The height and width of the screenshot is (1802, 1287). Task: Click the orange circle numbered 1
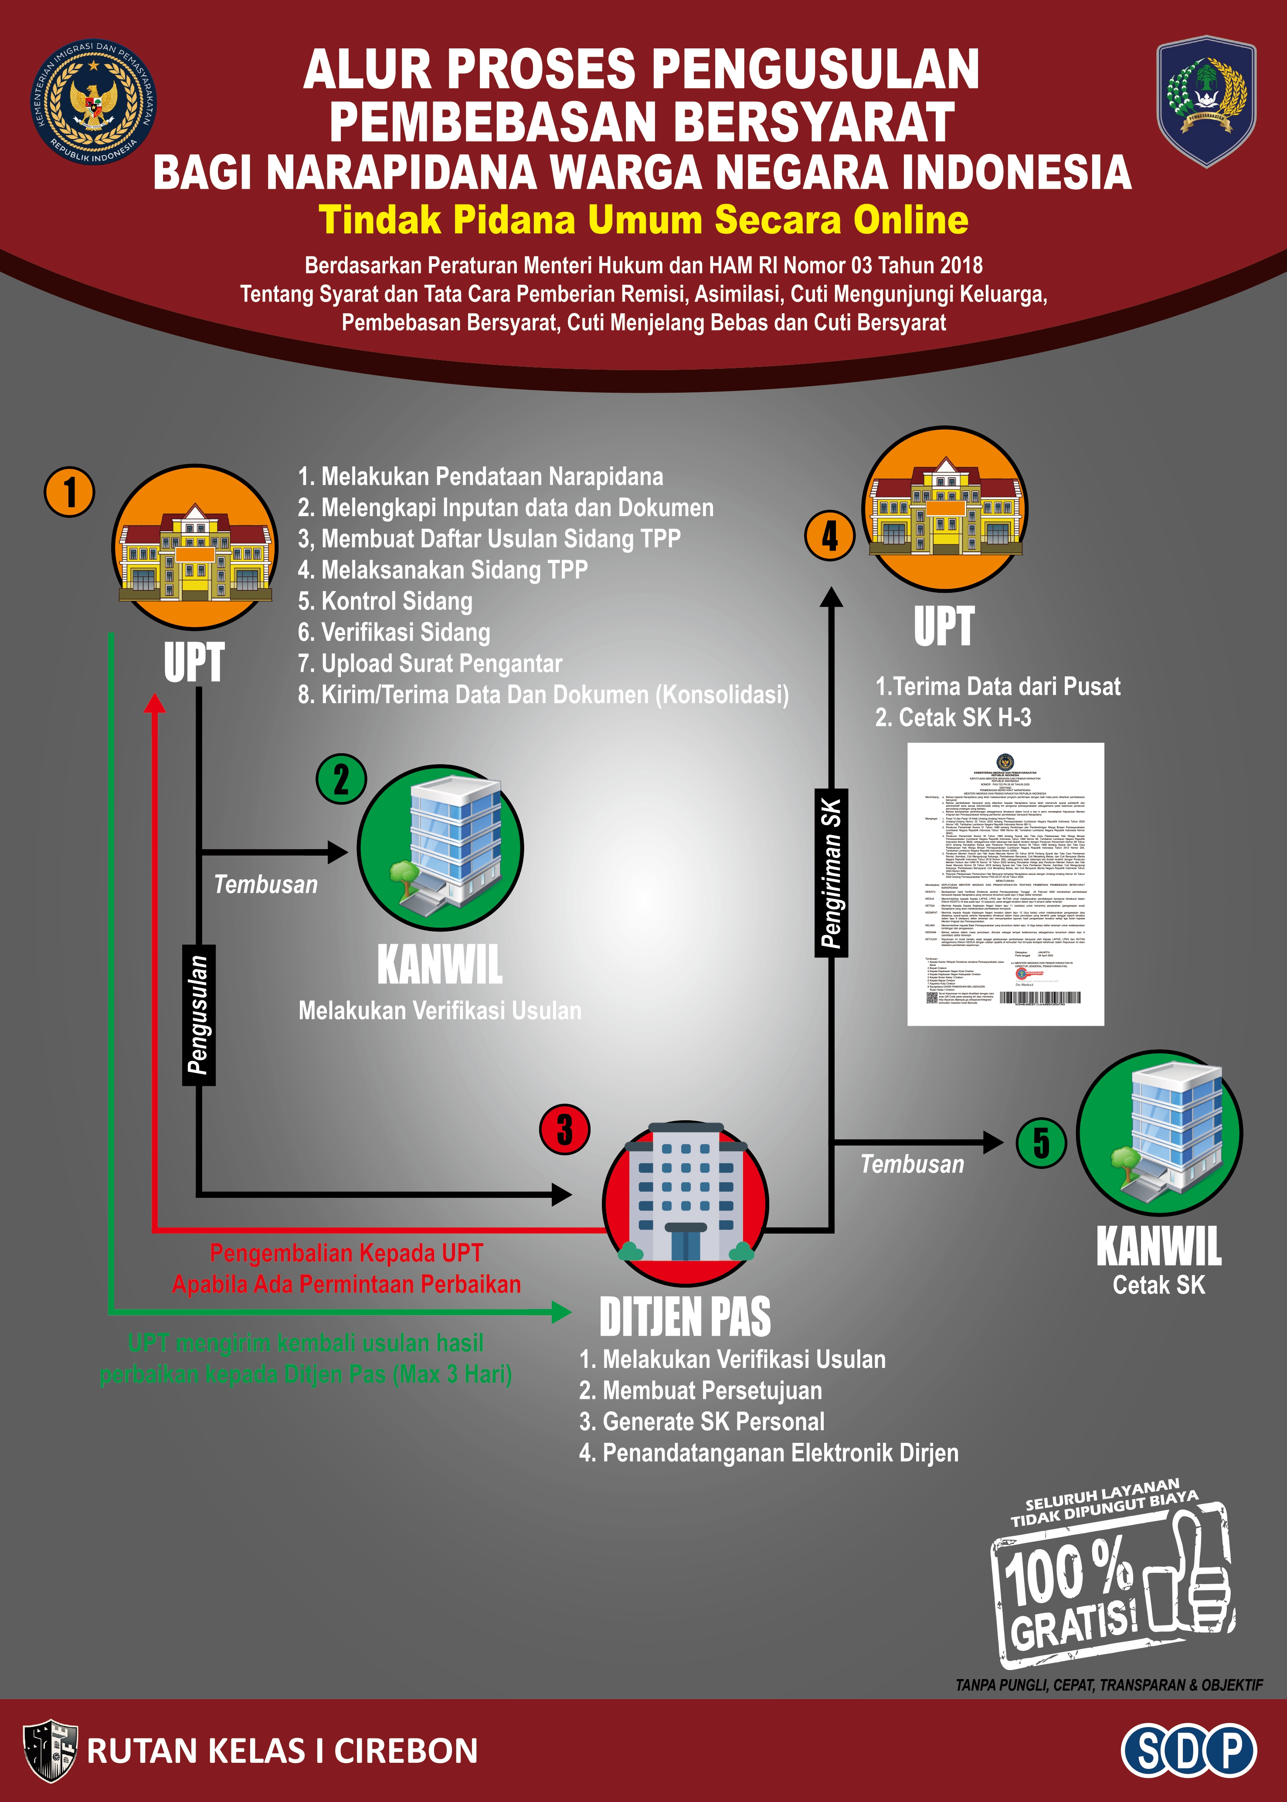pyautogui.click(x=70, y=492)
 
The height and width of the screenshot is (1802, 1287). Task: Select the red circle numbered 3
pyautogui.click(x=564, y=1129)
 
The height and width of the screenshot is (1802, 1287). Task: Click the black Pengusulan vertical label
pyautogui.click(x=198, y=1014)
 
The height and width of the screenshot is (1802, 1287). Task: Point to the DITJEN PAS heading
pyautogui.click(x=685, y=1316)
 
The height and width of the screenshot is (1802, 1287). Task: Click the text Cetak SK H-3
pyautogui.click(x=953, y=718)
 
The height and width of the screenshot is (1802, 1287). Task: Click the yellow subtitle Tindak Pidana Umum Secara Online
pyautogui.click(x=643, y=220)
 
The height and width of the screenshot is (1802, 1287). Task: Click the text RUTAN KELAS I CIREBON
pyautogui.click(x=282, y=1751)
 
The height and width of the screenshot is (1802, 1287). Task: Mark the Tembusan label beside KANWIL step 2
pyautogui.click(x=265, y=884)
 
